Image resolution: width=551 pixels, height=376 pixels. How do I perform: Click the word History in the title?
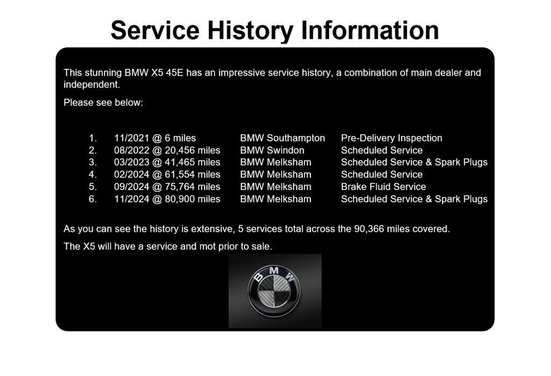250,31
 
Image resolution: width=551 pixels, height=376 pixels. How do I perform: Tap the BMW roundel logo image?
274,291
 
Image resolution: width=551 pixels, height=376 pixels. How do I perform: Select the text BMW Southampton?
282,138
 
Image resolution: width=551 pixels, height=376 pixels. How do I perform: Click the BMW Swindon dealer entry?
272,151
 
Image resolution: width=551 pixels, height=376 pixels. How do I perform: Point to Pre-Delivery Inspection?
392,138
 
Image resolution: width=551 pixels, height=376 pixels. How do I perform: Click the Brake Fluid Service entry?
383,187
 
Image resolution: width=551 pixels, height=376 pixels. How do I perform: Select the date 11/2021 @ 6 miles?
155,138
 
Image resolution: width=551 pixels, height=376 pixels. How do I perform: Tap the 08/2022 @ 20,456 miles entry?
167,151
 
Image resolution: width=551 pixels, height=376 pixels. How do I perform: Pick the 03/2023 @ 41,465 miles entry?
167,162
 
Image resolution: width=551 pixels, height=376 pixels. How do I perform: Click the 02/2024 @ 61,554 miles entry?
167,175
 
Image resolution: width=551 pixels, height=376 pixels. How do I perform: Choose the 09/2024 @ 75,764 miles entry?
167,187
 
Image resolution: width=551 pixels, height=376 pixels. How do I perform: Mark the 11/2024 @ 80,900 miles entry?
167,199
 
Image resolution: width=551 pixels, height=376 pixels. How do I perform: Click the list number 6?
93,199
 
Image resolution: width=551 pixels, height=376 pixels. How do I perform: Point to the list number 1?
93,138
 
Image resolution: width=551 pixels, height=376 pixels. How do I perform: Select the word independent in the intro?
91,84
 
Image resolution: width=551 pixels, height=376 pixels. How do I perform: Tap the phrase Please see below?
103,103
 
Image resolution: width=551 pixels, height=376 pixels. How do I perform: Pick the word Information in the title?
370,31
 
